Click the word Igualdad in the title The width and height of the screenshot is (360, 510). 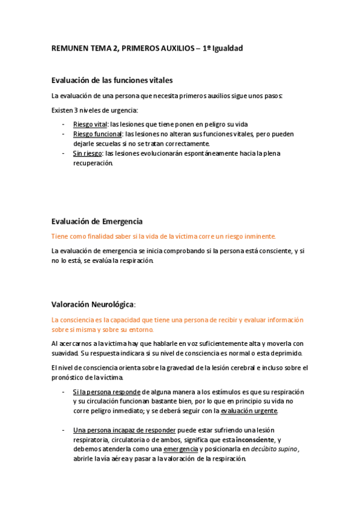pyautogui.click(x=224, y=48)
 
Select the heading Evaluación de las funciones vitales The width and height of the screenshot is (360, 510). pyautogui.click(x=112, y=81)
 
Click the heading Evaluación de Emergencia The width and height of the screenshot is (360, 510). pyautogui.click(x=97, y=221)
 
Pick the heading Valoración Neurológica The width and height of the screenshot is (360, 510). pyautogui.click(x=93, y=304)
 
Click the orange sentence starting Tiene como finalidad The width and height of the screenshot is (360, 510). pyautogui.click(x=163, y=236)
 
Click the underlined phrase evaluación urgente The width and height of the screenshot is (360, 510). pyautogui.click(x=249, y=411)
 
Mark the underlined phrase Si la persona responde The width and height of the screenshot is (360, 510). pyautogui.click(x=106, y=392)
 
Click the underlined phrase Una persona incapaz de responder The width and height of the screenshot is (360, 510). pyautogui.click(x=124, y=431)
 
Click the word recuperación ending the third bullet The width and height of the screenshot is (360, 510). pyautogui.click(x=92, y=162)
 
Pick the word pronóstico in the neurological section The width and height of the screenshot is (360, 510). pyautogui.click(x=72, y=377)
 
